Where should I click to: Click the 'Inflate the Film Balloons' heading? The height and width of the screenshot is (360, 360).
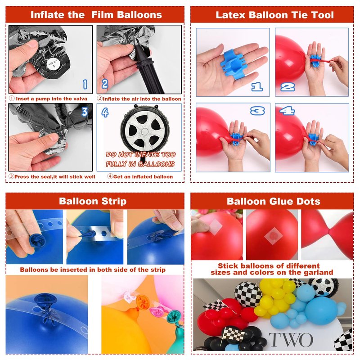pos(96,15)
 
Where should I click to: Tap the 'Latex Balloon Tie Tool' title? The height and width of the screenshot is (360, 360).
pos(274,15)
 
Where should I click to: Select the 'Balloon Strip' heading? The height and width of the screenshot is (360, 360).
pos(93,201)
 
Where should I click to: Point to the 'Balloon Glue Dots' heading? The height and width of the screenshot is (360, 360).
pos(274,201)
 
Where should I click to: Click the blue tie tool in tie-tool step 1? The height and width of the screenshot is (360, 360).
pos(234,63)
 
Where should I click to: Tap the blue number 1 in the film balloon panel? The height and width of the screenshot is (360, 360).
pos(85,85)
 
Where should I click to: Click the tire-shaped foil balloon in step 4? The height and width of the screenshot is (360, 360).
pos(145,131)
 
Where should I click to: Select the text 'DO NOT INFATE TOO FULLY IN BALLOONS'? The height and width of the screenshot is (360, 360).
pos(140,159)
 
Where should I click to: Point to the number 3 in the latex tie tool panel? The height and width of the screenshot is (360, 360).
pos(257,111)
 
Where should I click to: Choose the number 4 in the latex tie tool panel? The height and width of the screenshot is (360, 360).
pos(287,111)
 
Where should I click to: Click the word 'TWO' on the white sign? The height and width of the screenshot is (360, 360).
pos(291,340)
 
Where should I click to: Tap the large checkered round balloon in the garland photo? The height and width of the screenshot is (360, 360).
pos(248,294)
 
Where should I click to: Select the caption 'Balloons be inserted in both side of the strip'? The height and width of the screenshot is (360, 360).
pos(93,270)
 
